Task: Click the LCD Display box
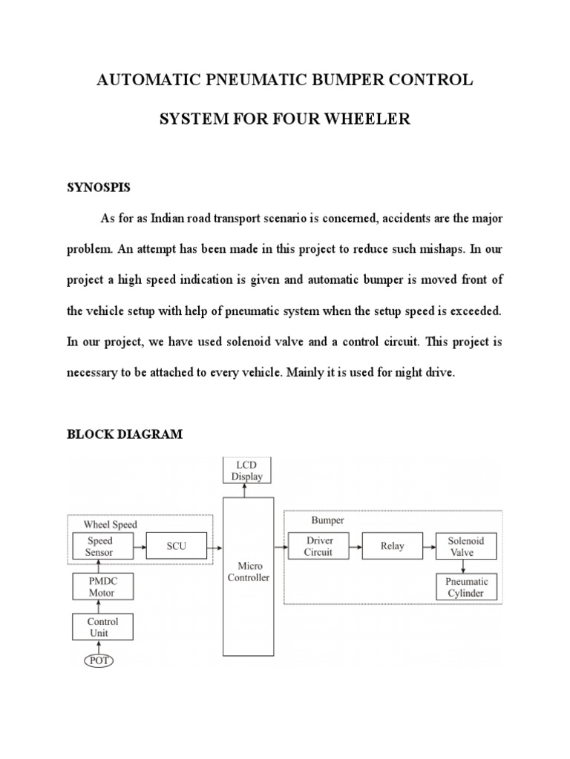247,471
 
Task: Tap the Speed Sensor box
100,547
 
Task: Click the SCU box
176,547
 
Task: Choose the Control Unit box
102,627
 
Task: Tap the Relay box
393,546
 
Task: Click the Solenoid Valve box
465,546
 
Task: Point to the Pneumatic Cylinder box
466,588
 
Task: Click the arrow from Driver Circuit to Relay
356,546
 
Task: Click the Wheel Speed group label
110,525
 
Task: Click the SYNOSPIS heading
99,188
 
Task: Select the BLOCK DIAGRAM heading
125,434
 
